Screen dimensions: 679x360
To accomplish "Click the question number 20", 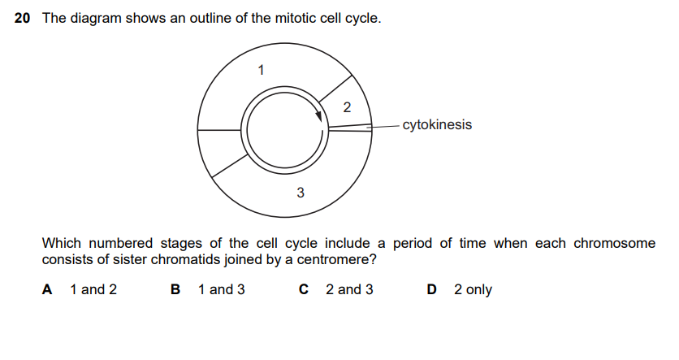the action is click(24, 18).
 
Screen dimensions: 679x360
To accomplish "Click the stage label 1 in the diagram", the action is click(261, 69).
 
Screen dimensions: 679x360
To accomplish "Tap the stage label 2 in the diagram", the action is click(348, 107).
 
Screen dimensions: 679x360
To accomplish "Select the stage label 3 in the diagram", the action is click(301, 193).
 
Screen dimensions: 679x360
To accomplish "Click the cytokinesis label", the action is click(436, 125).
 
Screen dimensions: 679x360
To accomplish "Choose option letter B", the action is click(175, 289).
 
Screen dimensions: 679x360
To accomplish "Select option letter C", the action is click(304, 289).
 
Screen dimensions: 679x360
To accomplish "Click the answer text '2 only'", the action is click(473, 289).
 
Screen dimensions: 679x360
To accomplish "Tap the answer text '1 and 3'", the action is click(221, 289).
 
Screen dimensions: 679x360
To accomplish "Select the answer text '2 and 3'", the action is click(349, 289).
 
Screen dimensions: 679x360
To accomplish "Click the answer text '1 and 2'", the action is click(93, 289).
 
